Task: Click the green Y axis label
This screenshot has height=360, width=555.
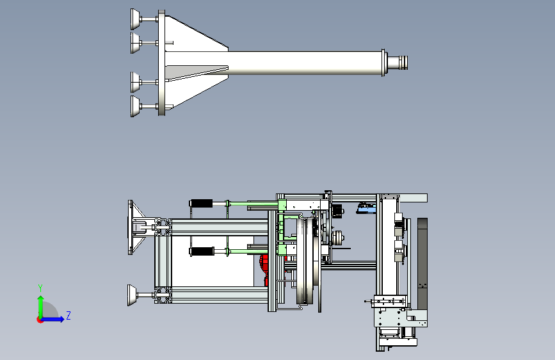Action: (40, 288)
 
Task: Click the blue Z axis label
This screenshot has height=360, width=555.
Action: (68, 315)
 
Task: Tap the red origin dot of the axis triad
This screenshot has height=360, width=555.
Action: (40, 320)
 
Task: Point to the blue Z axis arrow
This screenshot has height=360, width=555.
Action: (53, 319)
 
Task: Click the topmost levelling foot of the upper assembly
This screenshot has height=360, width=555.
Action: (136, 19)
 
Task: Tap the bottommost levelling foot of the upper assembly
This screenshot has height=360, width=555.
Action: (136, 106)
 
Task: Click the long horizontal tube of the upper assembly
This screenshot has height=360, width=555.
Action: (305, 63)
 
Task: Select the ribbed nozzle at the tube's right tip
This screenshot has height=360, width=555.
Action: (398, 63)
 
